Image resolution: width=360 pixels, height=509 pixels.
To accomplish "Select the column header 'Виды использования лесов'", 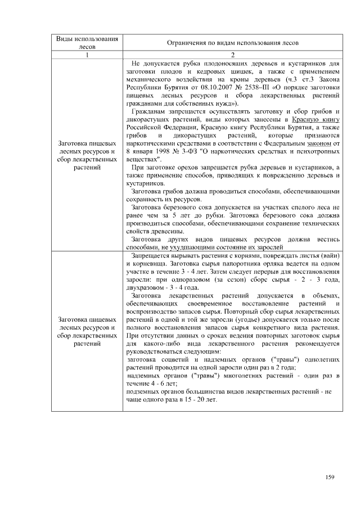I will [87, 43].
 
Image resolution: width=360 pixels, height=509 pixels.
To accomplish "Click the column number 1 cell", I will [87, 55].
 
